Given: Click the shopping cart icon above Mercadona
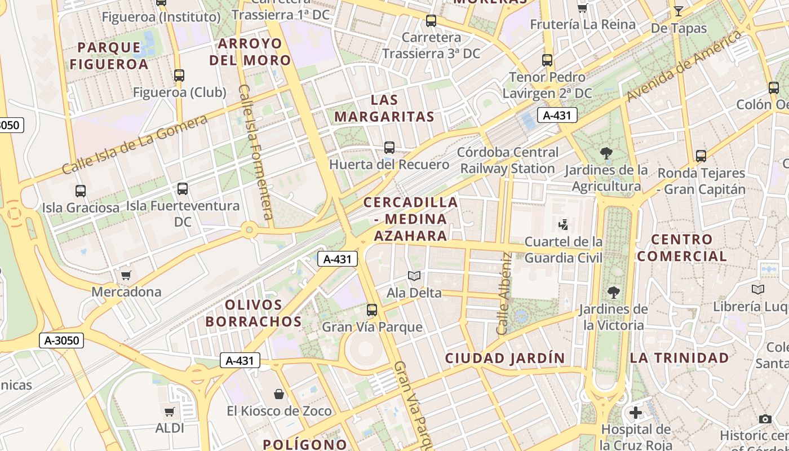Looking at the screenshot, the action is [x=126, y=275].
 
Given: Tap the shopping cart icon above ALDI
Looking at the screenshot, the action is [x=169, y=412].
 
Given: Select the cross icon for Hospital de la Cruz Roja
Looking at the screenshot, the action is [x=636, y=413].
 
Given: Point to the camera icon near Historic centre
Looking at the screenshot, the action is [x=765, y=419].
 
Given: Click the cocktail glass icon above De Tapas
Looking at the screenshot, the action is [x=678, y=11].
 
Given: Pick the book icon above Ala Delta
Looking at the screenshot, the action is [x=414, y=276].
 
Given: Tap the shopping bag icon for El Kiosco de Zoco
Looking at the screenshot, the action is [x=278, y=393].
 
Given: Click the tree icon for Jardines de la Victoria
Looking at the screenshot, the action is [x=613, y=293].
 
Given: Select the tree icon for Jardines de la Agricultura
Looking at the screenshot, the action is [x=606, y=153].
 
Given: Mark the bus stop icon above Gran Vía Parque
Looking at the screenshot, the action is [x=372, y=310].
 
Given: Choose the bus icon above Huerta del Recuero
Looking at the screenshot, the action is [x=389, y=148].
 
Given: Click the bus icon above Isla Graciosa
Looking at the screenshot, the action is [x=81, y=191].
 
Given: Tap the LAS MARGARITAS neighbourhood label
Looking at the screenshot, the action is [x=384, y=109].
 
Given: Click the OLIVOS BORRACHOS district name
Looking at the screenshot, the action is [x=254, y=313].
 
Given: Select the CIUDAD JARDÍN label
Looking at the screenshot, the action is [x=504, y=358].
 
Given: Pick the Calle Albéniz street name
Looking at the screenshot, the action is [x=504, y=293].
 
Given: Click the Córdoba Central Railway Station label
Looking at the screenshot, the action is [x=508, y=160].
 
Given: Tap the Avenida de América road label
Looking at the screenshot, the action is [x=684, y=67].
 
